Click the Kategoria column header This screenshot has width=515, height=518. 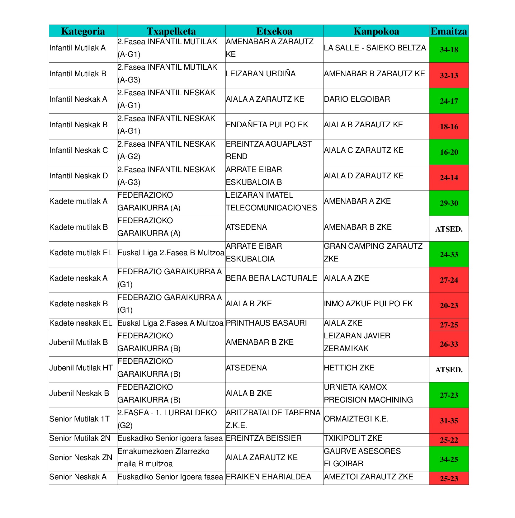83,31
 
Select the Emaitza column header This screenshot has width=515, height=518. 448,31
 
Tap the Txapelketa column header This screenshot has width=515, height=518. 171,31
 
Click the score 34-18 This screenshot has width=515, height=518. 449,50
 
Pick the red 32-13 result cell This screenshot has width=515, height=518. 449,75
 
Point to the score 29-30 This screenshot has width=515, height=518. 449,203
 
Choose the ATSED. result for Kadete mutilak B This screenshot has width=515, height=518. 449,229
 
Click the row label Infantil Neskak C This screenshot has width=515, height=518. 78,150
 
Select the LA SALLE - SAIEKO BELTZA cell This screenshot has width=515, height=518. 375,48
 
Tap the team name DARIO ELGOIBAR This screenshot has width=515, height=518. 357,99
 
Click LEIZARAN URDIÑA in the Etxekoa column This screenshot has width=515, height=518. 261,74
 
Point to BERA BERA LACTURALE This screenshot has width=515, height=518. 271,278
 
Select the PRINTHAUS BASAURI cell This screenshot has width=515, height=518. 266,323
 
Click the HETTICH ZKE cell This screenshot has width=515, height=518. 349,368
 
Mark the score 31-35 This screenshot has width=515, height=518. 449,421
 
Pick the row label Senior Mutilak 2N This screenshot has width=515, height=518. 80,438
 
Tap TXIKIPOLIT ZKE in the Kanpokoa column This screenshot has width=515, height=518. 353,438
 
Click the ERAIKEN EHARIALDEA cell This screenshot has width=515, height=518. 268,477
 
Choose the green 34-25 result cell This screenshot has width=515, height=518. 449,459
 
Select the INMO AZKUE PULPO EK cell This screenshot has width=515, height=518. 368,304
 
